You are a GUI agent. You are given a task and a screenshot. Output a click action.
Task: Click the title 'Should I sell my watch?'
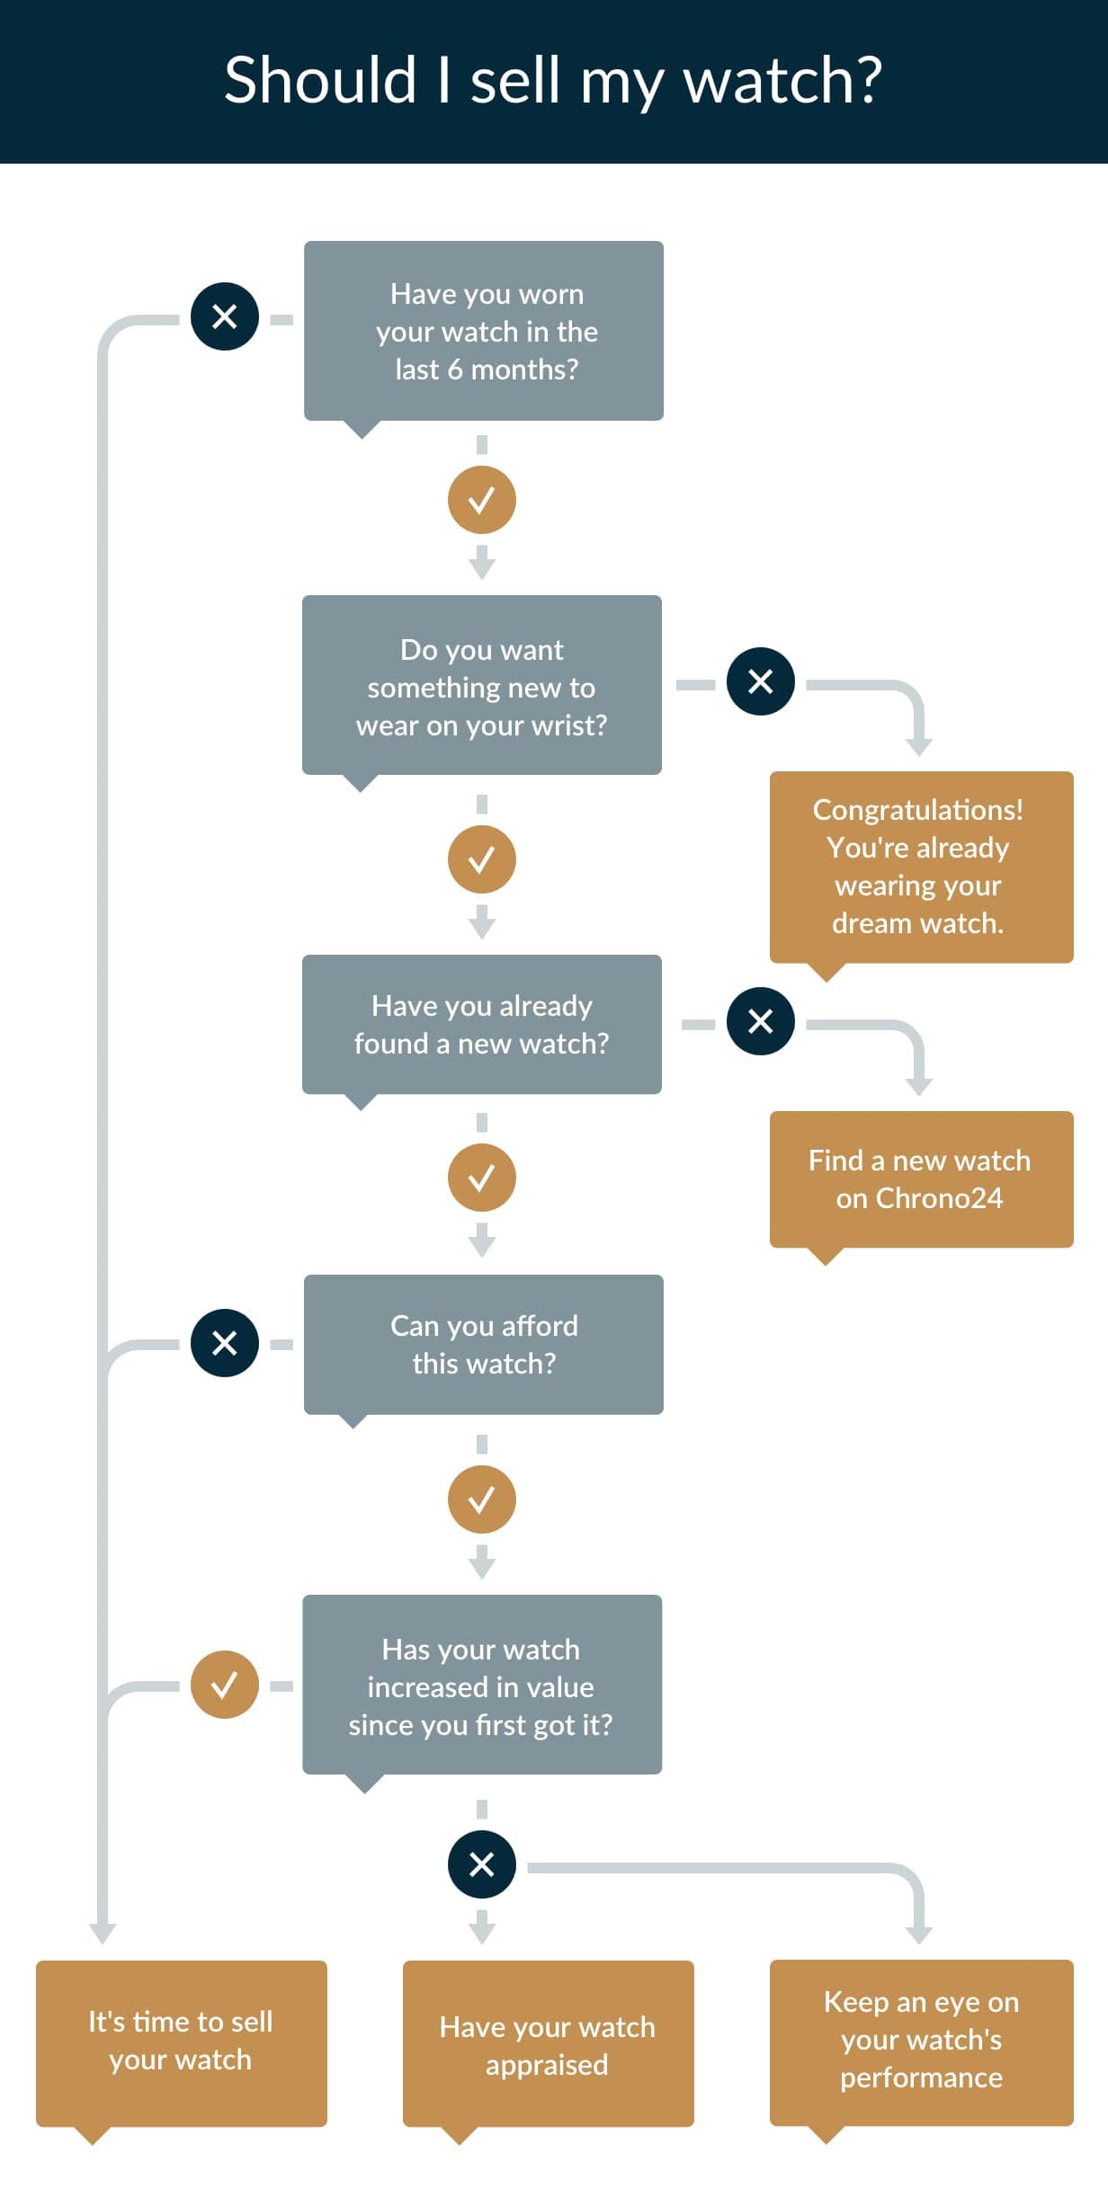pos(553,81)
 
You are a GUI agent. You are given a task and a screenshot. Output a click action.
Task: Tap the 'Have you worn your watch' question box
pos(484,331)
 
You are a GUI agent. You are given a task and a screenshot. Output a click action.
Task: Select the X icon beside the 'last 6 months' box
pos(225,316)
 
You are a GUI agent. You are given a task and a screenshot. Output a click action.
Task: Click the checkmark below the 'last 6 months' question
pos(482,500)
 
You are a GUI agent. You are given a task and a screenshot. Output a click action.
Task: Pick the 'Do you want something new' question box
pos(482,685)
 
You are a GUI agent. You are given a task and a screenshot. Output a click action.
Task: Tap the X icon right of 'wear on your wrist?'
pos(761,681)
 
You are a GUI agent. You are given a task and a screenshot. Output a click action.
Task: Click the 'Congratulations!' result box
pos(922,867)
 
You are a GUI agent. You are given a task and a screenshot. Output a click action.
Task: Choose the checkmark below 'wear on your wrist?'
pos(482,859)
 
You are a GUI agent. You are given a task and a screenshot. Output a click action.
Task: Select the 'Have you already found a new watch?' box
pos(482,1025)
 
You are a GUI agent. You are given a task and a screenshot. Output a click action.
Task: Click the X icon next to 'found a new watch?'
pos(761,1021)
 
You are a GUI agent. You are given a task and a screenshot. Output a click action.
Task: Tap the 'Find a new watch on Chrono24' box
pos(922,1179)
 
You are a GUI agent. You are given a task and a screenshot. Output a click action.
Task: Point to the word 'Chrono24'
pos(939,1198)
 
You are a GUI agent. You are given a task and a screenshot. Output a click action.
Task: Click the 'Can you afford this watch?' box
pos(484,1345)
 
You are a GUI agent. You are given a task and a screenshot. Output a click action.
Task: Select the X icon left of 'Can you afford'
pos(225,1343)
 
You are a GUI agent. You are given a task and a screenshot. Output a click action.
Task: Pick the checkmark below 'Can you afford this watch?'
pos(482,1499)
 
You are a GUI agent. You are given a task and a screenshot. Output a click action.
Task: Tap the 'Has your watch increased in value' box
pos(482,1685)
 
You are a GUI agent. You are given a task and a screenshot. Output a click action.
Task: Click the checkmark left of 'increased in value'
pos(225,1685)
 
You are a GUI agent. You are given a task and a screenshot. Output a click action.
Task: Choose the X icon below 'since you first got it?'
pos(482,1864)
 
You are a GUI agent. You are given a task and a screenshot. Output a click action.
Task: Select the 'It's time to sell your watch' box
pos(182,2042)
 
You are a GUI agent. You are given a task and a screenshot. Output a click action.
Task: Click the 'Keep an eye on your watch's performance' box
pos(922,2042)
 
